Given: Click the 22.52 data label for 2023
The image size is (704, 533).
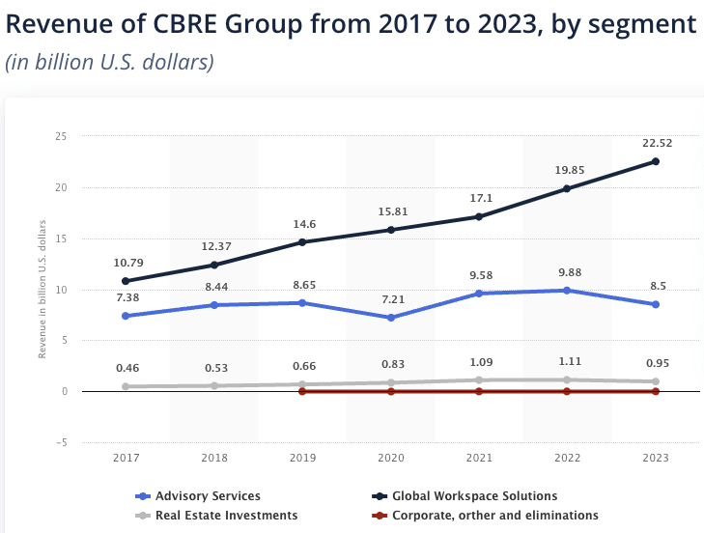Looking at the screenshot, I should [655, 143].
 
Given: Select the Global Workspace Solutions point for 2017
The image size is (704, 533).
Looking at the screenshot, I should [127, 281].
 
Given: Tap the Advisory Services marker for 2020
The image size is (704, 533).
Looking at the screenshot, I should [391, 318].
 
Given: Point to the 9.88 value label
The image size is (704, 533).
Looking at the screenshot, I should [567, 271].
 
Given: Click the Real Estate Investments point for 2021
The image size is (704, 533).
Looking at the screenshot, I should [479, 379].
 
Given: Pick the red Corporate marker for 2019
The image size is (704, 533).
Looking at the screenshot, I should [302, 391].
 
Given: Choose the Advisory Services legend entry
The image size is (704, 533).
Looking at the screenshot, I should [198, 496].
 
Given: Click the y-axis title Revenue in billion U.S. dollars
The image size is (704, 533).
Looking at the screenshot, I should [42, 290].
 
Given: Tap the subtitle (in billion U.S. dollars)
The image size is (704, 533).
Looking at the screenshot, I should [109, 62].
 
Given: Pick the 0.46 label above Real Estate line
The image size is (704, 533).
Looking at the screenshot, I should [127, 368].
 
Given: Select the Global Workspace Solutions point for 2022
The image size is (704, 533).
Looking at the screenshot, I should [567, 189].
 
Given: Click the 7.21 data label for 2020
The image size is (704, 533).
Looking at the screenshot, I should [391, 298].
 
